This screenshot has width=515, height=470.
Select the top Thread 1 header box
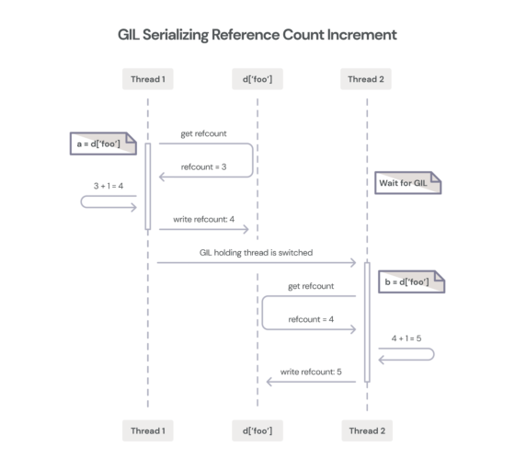tap(147, 79)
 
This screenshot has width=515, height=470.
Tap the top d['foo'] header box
tap(257, 79)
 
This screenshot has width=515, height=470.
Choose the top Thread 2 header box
tap(368, 79)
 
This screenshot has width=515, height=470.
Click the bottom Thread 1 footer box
tap(147, 430)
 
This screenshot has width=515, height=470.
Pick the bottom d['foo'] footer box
tap(257, 430)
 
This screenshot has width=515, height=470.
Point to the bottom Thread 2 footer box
tap(368, 430)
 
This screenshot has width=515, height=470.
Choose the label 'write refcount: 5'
tap(310, 372)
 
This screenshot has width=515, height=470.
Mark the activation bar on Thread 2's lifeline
tap(368, 322)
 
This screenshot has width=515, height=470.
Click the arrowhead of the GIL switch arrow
tap(353, 263)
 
